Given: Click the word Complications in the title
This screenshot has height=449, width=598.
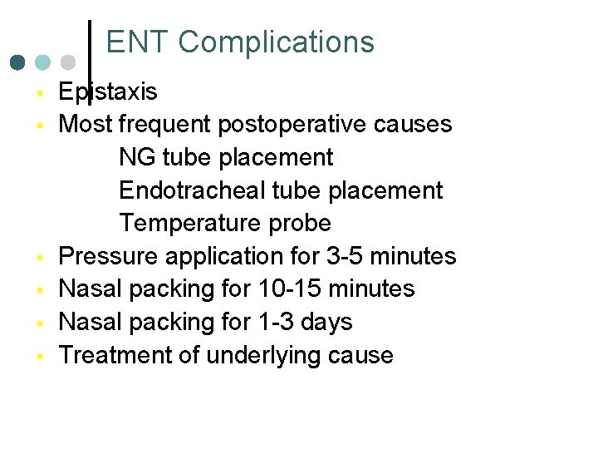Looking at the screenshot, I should tap(276, 42).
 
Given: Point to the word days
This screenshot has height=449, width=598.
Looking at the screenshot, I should tap(327, 322).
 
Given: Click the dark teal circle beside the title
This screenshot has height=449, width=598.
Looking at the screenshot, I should tap(18, 62).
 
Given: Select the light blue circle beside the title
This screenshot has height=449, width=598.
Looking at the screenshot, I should tap(43, 62).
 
